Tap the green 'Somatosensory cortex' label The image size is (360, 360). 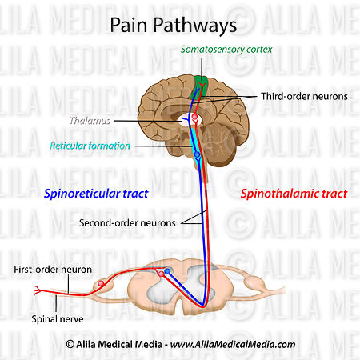226,50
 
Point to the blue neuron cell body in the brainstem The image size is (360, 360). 198,154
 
